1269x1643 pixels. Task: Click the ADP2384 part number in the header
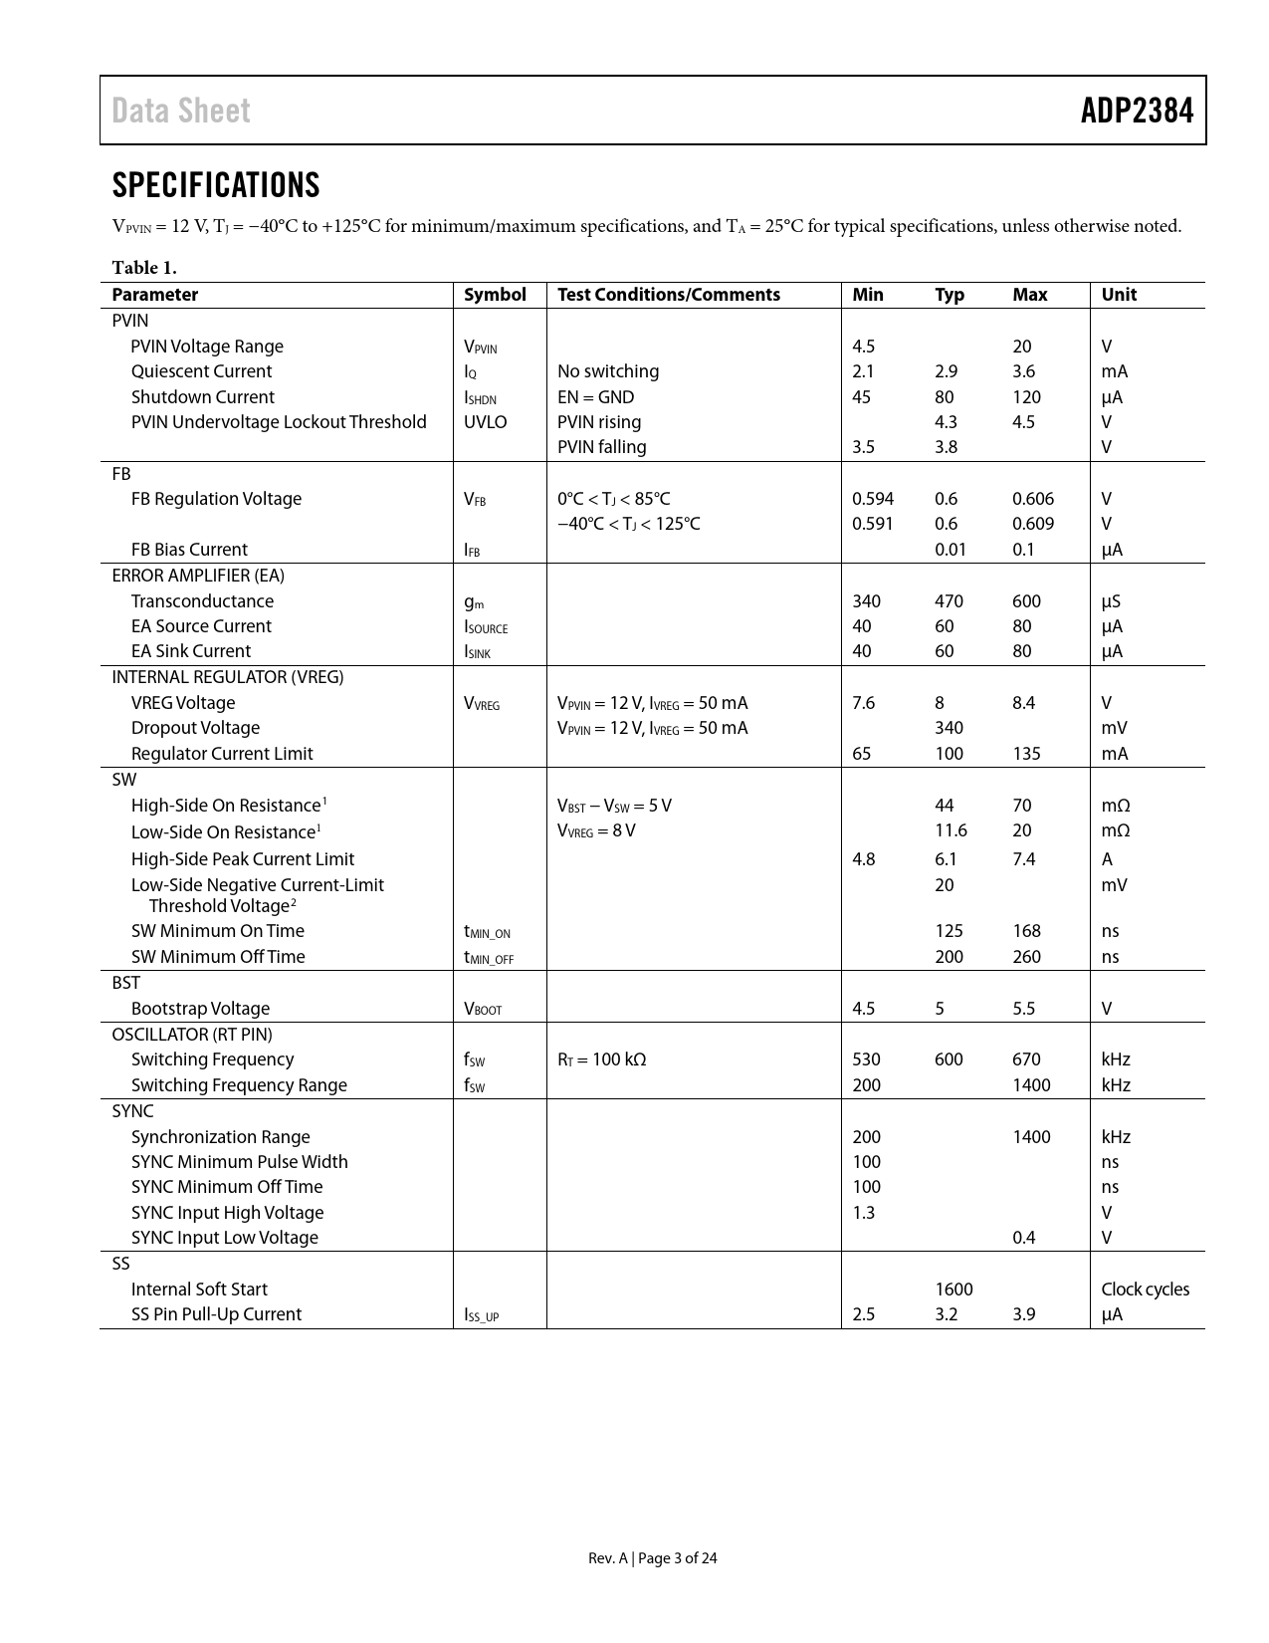click(1137, 111)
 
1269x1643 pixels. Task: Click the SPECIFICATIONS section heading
click(216, 185)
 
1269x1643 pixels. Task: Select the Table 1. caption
click(144, 267)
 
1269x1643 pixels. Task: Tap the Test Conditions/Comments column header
click(668, 295)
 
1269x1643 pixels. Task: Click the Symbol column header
click(495, 295)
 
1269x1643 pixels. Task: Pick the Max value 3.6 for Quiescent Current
click(1023, 371)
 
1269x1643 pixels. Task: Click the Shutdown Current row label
click(202, 397)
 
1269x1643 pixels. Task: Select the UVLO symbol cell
click(485, 422)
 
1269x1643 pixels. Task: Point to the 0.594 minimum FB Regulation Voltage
click(872, 499)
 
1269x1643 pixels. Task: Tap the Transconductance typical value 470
click(949, 601)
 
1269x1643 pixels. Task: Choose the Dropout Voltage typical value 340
click(949, 728)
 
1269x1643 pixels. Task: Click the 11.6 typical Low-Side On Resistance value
click(951, 830)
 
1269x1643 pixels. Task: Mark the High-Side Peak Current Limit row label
click(242, 859)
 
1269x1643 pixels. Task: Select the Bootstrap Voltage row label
click(200, 1009)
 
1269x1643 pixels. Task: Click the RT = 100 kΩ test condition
click(601, 1059)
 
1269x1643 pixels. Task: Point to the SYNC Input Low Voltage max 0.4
click(1023, 1238)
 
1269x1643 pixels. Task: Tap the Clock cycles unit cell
click(1145, 1290)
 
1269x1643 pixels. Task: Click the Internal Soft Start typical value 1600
click(953, 1290)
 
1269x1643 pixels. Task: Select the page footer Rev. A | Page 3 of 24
click(652, 1558)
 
